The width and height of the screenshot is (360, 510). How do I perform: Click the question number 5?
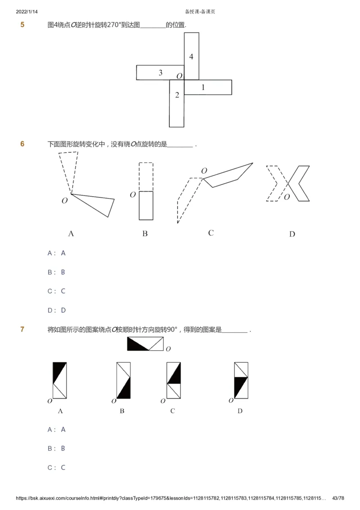click(x=22, y=25)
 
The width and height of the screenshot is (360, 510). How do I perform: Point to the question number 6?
click(x=22, y=144)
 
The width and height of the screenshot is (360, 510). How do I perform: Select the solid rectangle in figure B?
click(x=146, y=206)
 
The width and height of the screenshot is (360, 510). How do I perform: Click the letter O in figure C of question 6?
click(x=204, y=171)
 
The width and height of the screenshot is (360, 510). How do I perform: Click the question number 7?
click(x=22, y=329)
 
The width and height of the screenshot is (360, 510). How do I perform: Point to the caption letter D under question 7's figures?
click(x=240, y=411)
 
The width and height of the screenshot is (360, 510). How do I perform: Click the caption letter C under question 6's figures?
click(x=211, y=233)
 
